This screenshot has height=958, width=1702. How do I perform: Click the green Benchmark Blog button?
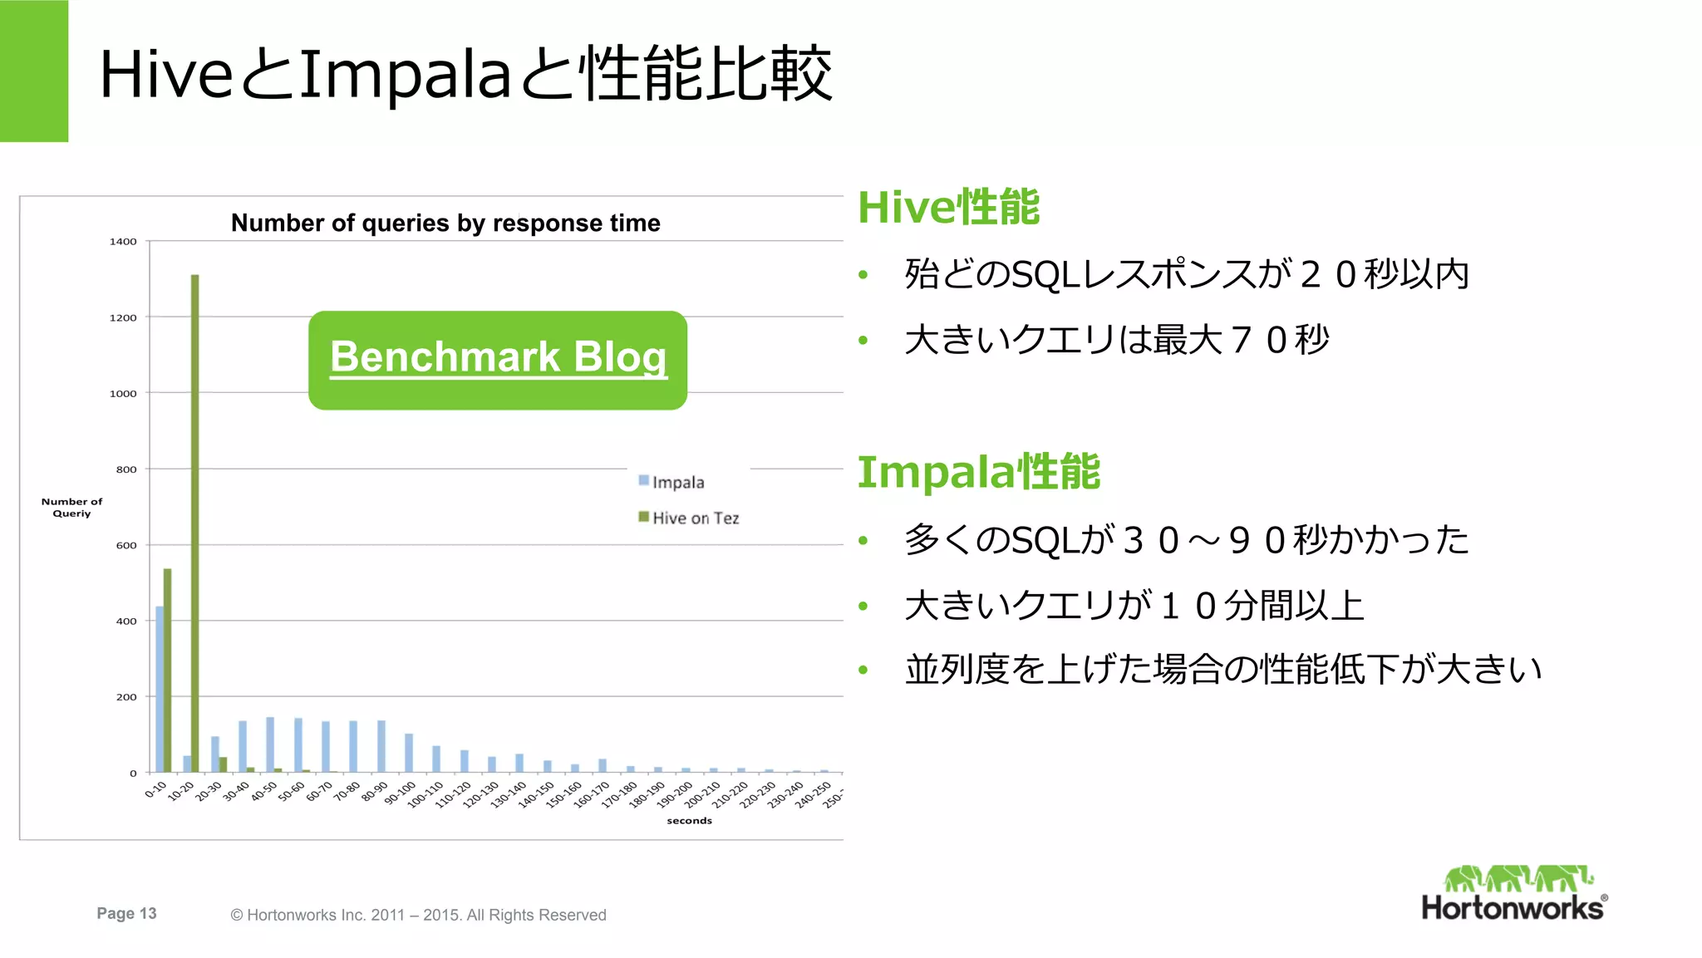pos(497,360)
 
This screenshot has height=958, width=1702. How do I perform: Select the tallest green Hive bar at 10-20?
pos(195,523)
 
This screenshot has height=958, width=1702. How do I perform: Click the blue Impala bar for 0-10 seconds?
pos(160,690)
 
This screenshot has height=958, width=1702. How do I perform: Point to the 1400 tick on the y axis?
pos(123,242)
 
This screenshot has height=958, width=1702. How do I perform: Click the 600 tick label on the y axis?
pos(126,545)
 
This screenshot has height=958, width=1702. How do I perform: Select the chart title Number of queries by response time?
pos(445,223)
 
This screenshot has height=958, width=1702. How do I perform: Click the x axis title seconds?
pos(689,821)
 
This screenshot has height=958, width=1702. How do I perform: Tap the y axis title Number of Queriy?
pos(71,508)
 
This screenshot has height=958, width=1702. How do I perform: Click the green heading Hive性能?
pos(948,207)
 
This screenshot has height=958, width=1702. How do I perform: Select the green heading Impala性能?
pos(978,472)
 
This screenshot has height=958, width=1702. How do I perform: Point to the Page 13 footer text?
pos(126,913)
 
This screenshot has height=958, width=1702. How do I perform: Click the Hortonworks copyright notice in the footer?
pos(418,915)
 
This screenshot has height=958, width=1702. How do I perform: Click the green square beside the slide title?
pos(34,71)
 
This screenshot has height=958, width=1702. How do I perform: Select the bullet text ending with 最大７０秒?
pos(1116,340)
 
